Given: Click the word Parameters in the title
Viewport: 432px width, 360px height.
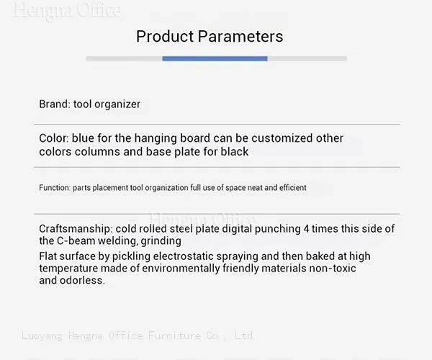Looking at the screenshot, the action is pyautogui.click(x=240, y=36).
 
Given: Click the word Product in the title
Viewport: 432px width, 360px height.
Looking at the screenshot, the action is pyautogui.click(x=165, y=36).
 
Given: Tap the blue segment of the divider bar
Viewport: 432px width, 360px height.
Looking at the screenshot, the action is pyautogui.click(x=215, y=58).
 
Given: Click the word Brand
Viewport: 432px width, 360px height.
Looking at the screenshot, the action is pyautogui.click(x=55, y=104).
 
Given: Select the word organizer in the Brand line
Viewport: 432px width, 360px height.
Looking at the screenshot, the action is pyautogui.click(x=117, y=104).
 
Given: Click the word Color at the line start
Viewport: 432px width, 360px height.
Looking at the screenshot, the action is pyautogui.click(x=54, y=138).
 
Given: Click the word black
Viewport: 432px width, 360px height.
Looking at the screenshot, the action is pyautogui.click(x=235, y=151).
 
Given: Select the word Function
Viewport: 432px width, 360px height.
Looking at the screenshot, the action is pyautogui.click(x=55, y=188).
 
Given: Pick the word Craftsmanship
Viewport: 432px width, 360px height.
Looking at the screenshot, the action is pyautogui.click(x=76, y=229).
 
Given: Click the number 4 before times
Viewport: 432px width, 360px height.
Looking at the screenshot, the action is pyautogui.click(x=306, y=229).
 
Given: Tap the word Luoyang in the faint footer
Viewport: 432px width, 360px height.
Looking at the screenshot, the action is pyautogui.click(x=42, y=336).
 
